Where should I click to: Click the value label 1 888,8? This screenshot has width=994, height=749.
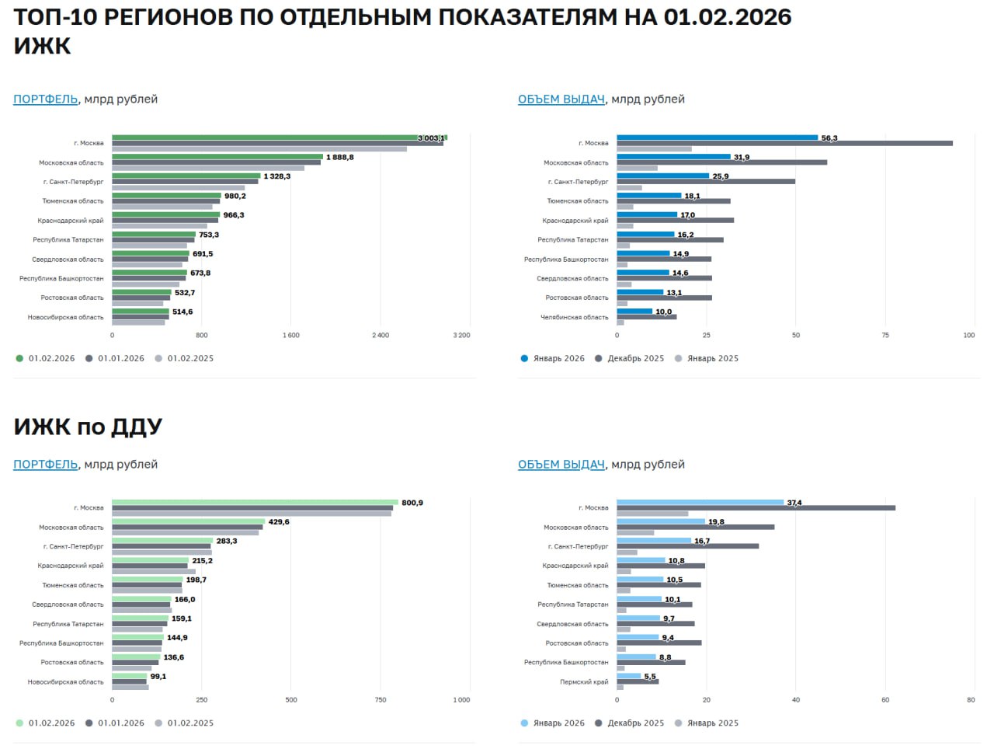tap(339, 157)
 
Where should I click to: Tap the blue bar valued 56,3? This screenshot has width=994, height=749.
tap(717, 138)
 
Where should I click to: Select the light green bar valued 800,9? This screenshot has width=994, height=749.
tap(255, 503)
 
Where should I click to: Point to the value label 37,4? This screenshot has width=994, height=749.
tap(794, 503)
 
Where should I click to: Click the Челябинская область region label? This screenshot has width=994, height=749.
tap(574, 317)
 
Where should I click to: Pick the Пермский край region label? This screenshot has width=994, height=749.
tap(584, 682)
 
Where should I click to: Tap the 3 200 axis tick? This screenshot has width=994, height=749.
tap(461, 336)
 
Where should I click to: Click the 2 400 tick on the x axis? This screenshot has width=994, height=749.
tap(381, 336)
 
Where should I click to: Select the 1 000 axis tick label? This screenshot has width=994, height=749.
tap(461, 700)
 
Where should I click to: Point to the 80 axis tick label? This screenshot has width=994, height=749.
tap(971, 700)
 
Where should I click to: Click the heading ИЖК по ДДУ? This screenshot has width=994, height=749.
tap(88, 427)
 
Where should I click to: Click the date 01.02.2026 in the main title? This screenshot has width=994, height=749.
tap(727, 17)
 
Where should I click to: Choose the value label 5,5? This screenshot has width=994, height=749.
tap(649, 677)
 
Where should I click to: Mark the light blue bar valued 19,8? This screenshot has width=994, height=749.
tap(661, 521)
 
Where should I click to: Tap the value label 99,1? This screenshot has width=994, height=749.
tap(158, 677)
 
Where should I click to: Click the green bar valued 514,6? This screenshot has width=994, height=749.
tap(141, 312)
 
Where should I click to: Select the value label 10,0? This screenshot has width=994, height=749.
tap(663, 312)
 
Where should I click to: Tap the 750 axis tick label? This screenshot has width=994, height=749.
tap(381, 700)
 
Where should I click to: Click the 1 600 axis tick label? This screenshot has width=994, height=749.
tap(291, 336)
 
